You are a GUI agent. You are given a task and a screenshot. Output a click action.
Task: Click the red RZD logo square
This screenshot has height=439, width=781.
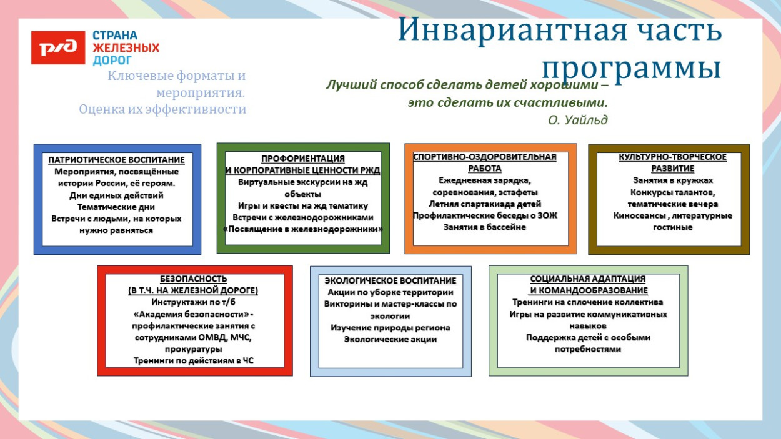57,47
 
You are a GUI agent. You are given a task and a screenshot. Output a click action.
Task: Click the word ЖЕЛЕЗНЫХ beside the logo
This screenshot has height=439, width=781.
126,48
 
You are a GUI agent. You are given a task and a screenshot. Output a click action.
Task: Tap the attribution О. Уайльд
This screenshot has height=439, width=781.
577,119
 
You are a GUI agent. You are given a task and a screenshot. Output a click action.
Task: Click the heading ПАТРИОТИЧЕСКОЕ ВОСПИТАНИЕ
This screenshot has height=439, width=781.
117,160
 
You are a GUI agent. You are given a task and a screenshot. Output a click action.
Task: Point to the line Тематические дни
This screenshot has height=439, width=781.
116,207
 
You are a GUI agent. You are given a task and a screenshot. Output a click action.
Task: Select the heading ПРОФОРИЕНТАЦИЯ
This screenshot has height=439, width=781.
302,159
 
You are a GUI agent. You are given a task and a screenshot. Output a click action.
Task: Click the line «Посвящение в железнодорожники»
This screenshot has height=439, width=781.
302,229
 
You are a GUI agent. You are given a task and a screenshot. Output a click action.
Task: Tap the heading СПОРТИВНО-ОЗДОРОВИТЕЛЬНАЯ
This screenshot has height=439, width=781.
485,157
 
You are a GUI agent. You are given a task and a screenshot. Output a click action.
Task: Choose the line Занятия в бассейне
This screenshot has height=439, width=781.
485,227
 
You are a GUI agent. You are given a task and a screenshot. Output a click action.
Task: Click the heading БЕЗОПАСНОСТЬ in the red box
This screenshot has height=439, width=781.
194,279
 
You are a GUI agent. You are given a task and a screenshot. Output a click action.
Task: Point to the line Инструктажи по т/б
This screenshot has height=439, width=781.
194,302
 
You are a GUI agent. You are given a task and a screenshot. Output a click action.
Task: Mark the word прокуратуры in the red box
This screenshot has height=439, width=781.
194,349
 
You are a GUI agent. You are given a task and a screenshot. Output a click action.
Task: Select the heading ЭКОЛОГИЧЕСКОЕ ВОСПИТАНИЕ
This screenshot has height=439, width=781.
390,281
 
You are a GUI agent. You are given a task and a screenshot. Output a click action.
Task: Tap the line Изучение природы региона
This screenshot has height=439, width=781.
390,328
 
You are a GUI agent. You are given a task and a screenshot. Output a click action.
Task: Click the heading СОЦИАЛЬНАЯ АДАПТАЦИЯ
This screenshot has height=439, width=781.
588,279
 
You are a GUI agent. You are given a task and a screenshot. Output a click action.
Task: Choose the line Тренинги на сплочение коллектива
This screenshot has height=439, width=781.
588,302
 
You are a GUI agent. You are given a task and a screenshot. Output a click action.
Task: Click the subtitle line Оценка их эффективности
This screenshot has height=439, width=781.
162,109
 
